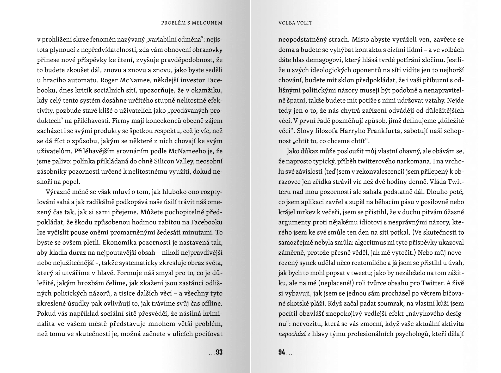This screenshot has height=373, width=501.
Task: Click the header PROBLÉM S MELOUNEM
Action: point(192,23)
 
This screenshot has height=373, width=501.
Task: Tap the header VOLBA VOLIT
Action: point(295,23)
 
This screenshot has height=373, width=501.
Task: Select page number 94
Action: point(282,352)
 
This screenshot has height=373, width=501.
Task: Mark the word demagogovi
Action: point(321,60)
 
